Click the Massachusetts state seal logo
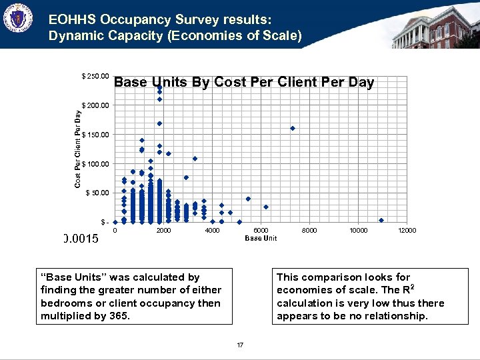[17, 21]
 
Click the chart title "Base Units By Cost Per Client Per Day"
[244, 82]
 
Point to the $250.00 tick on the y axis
[95, 76]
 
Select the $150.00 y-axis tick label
[95, 135]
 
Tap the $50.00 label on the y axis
[96, 193]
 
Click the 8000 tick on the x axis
[309, 231]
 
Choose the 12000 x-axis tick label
[407, 231]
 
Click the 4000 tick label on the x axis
[212, 231]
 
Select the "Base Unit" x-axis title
[261, 239]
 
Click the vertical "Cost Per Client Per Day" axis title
[77, 149]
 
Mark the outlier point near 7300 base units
[293, 128]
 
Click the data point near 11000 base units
[381, 220]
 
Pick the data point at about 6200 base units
[266, 207]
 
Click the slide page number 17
[240, 345]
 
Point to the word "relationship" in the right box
[393, 315]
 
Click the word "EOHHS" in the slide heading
[70, 21]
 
